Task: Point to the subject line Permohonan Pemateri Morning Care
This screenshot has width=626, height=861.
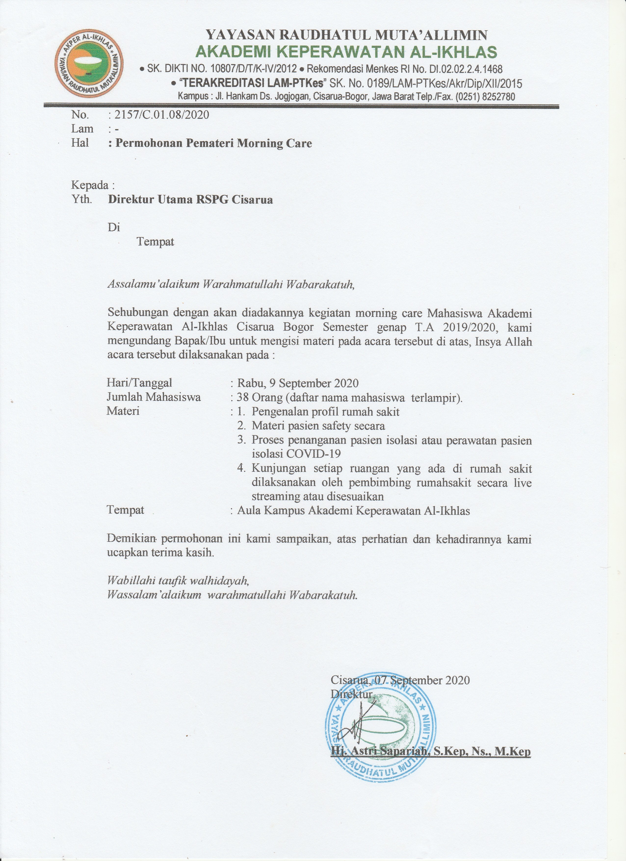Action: pos(214,144)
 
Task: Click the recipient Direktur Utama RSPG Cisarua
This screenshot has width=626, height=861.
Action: pos(190,200)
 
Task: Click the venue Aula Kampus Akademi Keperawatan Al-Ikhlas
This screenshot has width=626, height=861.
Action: pos(353,511)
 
